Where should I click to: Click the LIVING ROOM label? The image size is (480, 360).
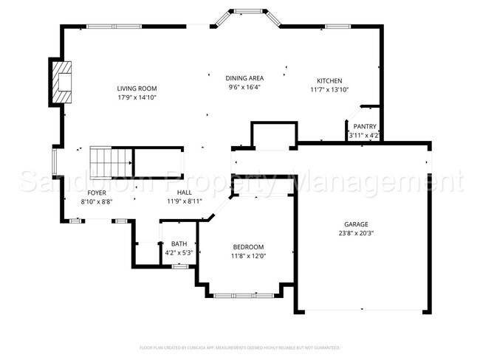point(137,89)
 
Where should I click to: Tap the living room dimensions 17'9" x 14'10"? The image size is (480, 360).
point(137,97)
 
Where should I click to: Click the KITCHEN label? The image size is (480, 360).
point(329,81)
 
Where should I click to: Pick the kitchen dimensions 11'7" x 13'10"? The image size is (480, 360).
point(329,90)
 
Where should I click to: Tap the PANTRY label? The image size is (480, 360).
point(365,126)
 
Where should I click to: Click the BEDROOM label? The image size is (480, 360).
point(249,247)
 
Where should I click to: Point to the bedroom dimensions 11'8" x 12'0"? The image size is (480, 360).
point(249,256)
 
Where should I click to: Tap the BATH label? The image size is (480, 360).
point(179,243)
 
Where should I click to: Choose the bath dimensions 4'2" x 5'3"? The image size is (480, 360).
point(179,252)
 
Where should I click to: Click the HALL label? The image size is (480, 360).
point(185,192)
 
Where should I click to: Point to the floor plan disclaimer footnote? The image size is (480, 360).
point(240,347)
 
